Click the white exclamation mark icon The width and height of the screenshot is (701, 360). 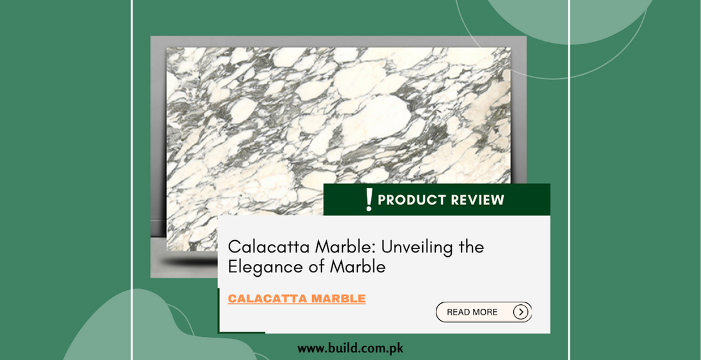pos(368,199)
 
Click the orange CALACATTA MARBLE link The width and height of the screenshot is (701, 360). pos(297,299)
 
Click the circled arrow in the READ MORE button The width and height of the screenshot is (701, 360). pos(521,312)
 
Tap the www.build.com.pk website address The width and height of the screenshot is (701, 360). pos(350,349)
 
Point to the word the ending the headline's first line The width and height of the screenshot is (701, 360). pos(471,247)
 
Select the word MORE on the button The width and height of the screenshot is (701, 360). pos(486,312)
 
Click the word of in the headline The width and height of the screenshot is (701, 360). pos(317,267)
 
